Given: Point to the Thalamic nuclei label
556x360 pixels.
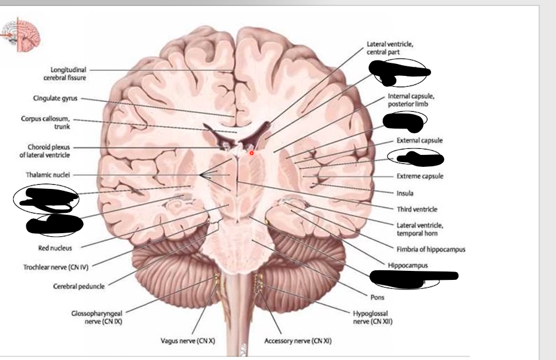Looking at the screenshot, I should (x=48, y=176).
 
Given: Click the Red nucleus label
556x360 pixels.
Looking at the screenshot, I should (x=57, y=248).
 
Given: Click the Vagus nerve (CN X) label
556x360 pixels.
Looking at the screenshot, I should (x=184, y=341).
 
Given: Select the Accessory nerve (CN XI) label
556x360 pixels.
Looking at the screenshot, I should (x=298, y=341).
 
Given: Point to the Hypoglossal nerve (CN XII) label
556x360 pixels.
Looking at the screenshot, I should (x=372, y=317).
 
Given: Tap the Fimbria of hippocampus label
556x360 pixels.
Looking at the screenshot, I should (x=430, y=249).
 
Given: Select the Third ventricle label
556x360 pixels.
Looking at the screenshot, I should (x=417, y=209).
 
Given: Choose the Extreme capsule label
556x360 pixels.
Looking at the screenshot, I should (x=420, y=176).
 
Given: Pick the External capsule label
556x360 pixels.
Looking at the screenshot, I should (x=420, y=140).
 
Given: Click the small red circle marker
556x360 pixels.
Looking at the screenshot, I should (x=252, y=153).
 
